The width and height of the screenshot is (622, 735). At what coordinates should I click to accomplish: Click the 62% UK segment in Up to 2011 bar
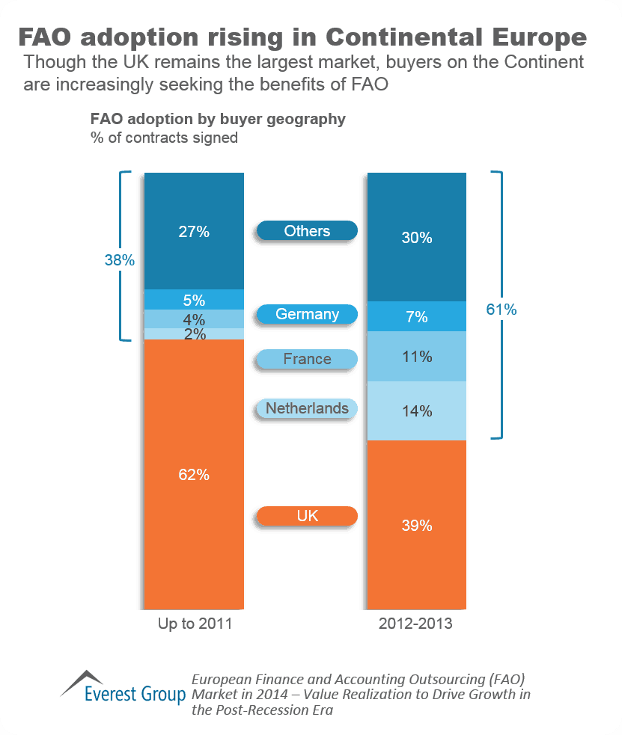(x=194, y=474)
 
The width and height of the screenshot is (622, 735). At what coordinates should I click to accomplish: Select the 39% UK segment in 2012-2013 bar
(x=416, y=525)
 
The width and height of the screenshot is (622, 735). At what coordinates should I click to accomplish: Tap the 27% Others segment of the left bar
(x=194, y=231)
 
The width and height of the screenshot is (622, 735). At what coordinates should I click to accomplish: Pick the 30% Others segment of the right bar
(x=416, y=238)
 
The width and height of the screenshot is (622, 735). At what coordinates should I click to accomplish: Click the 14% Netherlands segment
(x=416, y=410)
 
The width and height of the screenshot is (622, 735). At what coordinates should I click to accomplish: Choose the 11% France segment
(x=416, y=357)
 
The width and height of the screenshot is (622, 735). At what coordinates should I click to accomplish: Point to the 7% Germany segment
(x=416, y=317)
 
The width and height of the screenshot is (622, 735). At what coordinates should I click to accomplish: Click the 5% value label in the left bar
(x=194, y=300)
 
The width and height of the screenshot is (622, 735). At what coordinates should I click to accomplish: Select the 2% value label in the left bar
(x=194, y=334)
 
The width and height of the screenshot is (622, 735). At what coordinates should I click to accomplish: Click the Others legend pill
(x=307, y=231)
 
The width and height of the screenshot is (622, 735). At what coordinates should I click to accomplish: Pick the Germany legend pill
(x=307, y=315)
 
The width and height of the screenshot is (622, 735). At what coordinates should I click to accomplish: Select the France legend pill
(x=307, y=360)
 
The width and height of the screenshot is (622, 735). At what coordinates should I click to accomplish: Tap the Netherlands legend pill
(x=307, y=409)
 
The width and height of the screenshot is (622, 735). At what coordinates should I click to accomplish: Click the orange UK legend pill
(x=307, y=516)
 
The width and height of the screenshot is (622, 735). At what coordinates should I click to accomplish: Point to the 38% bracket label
(x=119, y=260)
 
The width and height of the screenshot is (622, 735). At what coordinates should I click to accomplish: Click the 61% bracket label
(x=501, y=309)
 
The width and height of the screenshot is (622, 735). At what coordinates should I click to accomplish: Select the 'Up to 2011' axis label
(x=195, y=624)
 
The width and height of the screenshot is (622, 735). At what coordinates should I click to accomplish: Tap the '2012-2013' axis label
(x=416, y=624)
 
